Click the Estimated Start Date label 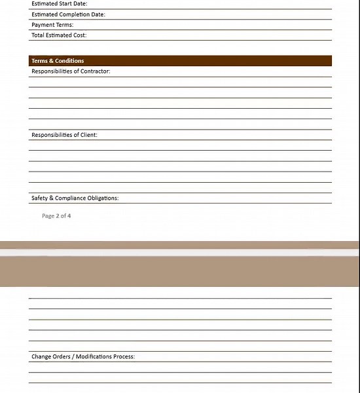59,4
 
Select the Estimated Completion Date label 68,14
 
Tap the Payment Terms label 52,25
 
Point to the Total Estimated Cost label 59,35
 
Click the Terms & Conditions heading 58,61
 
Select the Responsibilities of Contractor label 71,71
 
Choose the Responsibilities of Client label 64,135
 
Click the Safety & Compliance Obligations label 75,198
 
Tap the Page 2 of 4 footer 56,215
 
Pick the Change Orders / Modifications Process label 83,357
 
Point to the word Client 88,135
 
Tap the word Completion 73,14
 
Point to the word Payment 43,25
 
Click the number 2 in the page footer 57,215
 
